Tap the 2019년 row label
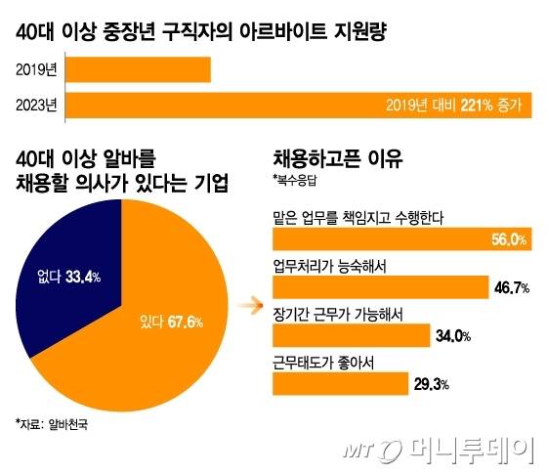37,70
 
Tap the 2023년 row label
37,106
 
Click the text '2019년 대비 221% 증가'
453,106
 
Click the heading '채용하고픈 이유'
338,158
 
